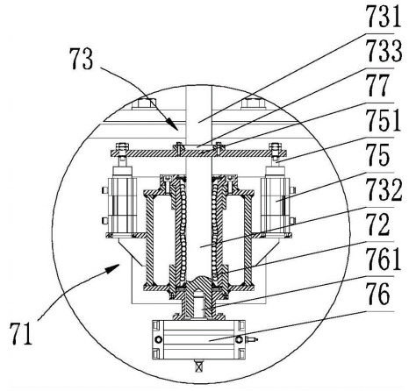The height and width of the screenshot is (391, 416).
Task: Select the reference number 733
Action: (384, 52)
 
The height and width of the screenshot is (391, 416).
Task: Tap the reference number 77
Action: (377, 85)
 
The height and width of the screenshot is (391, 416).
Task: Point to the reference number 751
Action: (384, 120)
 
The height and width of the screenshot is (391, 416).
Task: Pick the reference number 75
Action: (377, 155)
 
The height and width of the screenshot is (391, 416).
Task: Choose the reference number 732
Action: (384, 189)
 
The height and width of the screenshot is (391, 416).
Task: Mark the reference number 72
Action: (378, 224)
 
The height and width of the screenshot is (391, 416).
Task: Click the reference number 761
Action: (384, 259)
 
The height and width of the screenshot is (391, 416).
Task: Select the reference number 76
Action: (378, 294)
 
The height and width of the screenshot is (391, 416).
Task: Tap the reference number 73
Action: (81, 59)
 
